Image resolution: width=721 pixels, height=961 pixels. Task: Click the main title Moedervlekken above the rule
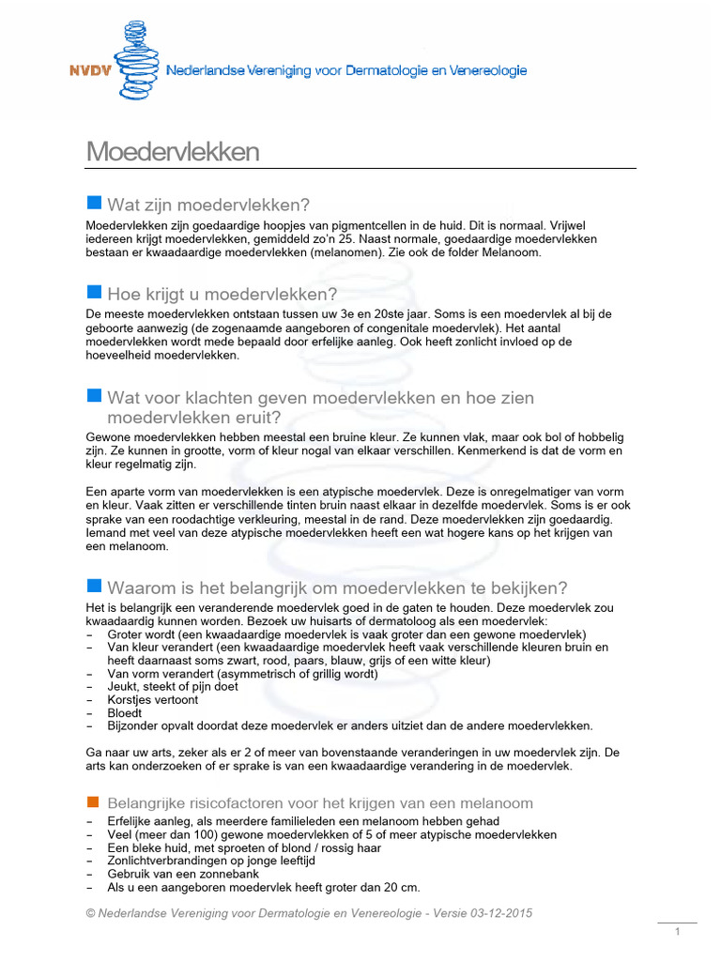(173, 152)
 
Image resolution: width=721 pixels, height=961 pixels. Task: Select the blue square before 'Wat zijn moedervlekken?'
(93, 204)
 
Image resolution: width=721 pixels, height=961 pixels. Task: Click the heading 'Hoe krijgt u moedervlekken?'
(222, 294)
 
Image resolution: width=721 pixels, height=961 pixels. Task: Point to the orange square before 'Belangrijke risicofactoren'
(93, 802)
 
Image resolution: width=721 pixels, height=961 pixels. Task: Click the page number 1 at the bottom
(676, 932)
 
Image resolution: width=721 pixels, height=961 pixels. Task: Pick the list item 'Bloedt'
(126, 712)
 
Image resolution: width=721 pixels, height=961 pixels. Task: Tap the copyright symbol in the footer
(91, 914)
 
